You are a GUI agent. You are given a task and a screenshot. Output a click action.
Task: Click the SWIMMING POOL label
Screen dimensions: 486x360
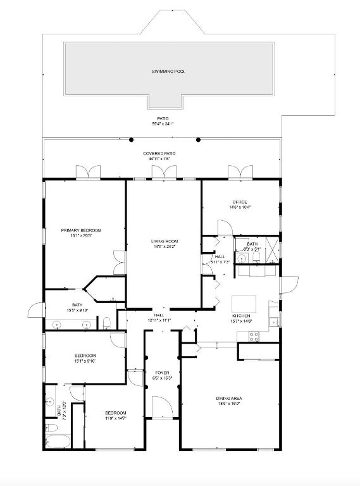(x=168, y=72)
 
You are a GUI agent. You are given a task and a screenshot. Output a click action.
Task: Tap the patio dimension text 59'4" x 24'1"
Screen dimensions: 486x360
(x=163, y=124)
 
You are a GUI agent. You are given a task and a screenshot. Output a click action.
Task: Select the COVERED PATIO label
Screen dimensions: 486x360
(x=159, y=154)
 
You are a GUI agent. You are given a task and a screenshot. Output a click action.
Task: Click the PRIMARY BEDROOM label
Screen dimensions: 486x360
(x=81, y=230)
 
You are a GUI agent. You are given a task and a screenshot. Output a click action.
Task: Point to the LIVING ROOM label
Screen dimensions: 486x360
(x=164, y=241)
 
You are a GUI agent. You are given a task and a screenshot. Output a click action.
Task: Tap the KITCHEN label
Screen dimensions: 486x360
(x=240, y=316)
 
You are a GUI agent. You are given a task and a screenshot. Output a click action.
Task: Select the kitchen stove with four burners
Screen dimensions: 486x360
(x=254, y=336)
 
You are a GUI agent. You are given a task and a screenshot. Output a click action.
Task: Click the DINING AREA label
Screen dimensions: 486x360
(x=229, y=398)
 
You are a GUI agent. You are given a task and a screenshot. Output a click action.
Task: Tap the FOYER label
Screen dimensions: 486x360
(x=162, y=373)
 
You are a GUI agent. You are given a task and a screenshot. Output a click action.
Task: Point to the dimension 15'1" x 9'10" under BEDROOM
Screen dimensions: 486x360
(x=85, y=363)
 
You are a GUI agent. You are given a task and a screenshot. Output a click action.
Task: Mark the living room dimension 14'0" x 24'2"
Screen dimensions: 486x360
(x=164, y=247)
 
